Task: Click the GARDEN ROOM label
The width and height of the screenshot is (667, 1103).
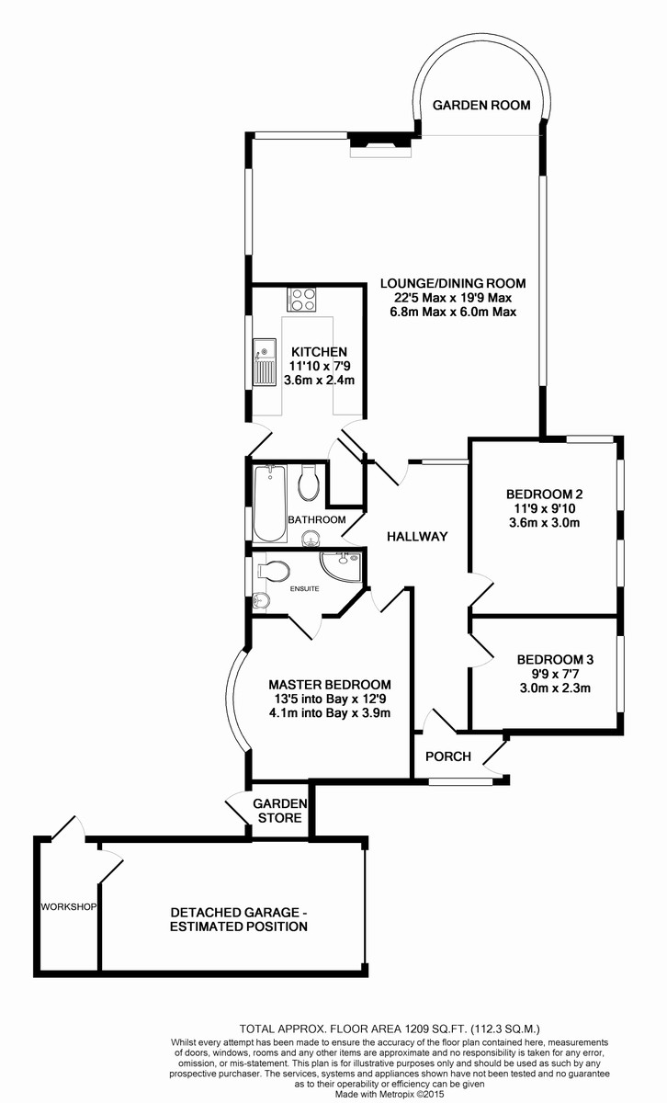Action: [x=481, y=105]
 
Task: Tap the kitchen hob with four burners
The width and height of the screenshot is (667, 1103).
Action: [x=302, y=299]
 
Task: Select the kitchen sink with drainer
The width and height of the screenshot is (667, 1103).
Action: [x=265, y=361]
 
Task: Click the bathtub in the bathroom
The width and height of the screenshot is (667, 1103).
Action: [x=269, y=502]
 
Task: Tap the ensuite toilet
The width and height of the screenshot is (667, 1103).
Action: [x=275, y=571]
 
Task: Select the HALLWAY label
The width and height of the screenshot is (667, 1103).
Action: [x=416, y=537]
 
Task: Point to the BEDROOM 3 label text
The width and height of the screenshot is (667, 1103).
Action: [x=555, y=659]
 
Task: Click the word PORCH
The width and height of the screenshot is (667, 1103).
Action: [x=448, y=756]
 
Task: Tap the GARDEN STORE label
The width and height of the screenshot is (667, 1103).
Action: [x=278, y=810]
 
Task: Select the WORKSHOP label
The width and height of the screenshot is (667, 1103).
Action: [x=68, y=907]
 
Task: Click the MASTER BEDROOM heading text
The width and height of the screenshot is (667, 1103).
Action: [x=329, y=684]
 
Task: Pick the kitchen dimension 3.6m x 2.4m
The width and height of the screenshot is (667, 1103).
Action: [x=319, y=380]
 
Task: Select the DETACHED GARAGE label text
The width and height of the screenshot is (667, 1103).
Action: [x=237, y=913]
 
